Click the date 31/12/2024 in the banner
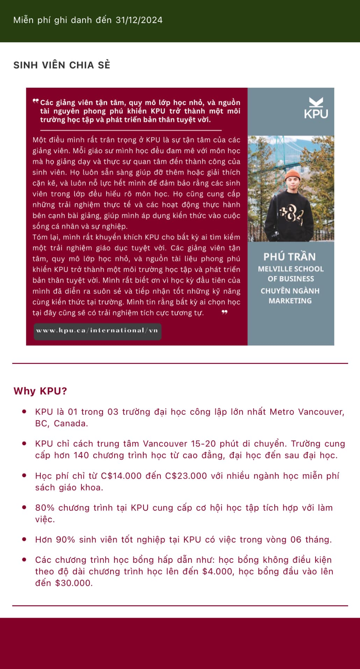pyautogui.click(x=139, y=20)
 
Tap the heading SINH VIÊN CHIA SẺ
pyautogui.click(x=62, y=65)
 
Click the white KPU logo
pyautogui.click(x=316, y=108)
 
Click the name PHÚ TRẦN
pyautogui.click(x=289, y=257)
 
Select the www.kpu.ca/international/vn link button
pyautogui.click(x=97, y=330)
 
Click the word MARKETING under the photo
pyautogui.click(x=290, y=301)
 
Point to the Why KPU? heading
pyautogui.click(x=40, y=391)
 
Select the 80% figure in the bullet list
pyautogui.click(x=45, y=508)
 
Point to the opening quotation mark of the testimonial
pyautogui.click(x=36, y=101)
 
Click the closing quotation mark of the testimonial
pyautogui.click(x=224, y=312)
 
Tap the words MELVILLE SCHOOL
pyautogui.click(x=291, y=269)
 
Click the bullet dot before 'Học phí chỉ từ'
pyautogui.click(x=24, y=475)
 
